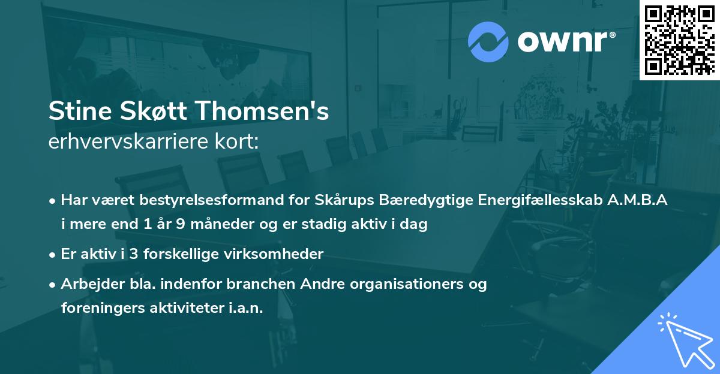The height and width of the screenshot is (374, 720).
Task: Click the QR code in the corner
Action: point(679,40)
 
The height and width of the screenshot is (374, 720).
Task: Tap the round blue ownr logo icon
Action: point(488,41)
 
